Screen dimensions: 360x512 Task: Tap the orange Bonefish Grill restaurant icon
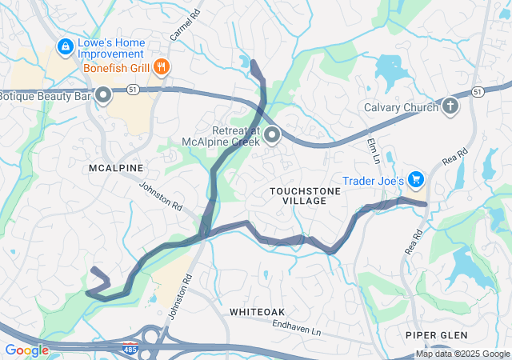tap(162, 67)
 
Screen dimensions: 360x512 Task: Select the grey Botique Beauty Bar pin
tap(103, 97)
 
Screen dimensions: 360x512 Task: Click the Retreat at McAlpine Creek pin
tap(272, 134)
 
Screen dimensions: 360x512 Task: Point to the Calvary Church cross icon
tap(450, 106)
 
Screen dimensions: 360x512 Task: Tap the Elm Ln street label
tap(371, 150)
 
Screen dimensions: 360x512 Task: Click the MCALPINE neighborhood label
tap(116, 168)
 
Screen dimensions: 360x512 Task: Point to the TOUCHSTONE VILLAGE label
tap(298, 195)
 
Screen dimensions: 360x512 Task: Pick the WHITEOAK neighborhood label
tap(258, 310)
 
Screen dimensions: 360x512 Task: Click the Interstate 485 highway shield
tap(130, 349)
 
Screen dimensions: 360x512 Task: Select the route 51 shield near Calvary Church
tap(477, 92)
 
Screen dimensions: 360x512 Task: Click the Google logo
tap(26, 350)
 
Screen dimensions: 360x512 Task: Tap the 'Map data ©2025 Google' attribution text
tap(462, 354)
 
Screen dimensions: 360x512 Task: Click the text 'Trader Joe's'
tap(373, 181)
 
